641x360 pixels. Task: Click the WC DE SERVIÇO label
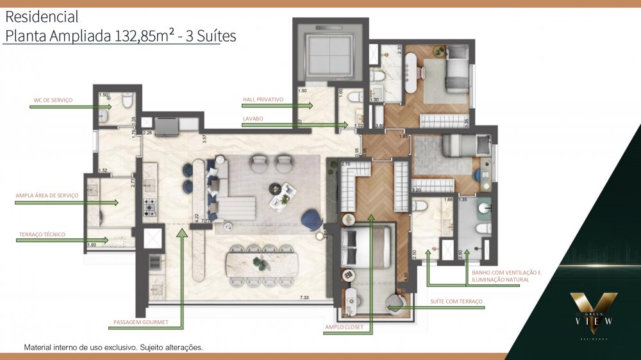pos(53,101)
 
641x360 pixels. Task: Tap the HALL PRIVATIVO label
pos(263,101)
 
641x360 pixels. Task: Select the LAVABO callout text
pos(252,119)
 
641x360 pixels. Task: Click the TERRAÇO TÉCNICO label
pos(42,234)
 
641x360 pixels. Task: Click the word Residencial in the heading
pos(42,17)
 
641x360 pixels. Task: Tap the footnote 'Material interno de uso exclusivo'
pos(113,348)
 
